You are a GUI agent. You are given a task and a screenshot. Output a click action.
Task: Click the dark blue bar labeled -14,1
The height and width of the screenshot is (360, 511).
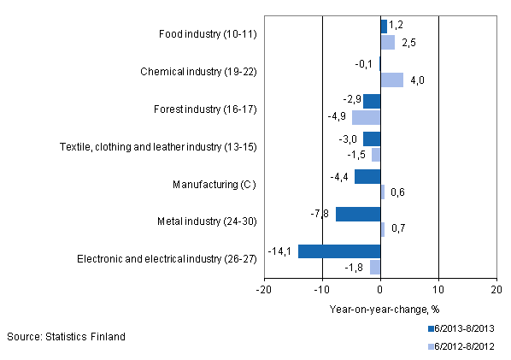click(339, 251)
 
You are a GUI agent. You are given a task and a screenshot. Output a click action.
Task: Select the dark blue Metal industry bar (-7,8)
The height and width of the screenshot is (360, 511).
click(358, 214)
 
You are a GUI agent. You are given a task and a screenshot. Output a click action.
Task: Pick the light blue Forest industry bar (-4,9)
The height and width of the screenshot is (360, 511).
click(366, 117)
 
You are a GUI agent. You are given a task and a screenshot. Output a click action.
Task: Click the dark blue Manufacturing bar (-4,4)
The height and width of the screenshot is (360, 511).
click(367, 177)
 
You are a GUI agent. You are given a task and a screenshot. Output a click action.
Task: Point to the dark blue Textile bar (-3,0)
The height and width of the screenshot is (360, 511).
click(372, 139)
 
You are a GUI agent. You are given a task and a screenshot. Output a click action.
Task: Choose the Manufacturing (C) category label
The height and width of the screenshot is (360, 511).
click(219, 184)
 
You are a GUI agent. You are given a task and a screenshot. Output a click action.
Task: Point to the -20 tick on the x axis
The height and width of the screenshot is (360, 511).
click(264, 291)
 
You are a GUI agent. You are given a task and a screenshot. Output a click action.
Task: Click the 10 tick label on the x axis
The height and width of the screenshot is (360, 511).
click(438, 291)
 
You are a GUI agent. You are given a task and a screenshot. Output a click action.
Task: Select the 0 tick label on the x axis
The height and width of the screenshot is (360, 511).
click(380, 291)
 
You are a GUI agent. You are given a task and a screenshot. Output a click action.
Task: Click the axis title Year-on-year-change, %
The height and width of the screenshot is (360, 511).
click(379, 310)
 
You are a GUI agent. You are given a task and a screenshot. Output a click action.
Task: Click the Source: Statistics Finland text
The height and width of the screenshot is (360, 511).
click(66, 337)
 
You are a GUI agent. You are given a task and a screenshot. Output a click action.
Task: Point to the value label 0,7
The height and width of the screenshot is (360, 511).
click(396, 229)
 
